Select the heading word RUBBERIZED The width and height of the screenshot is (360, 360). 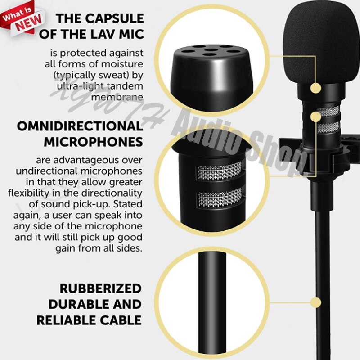pos(101,288)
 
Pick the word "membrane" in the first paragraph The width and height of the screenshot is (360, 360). pos(117,96)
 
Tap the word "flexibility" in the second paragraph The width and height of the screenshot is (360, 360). pos(30,193)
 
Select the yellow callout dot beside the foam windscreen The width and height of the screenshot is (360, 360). pos(316,88)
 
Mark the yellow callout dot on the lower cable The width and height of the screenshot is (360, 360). pos(317,302)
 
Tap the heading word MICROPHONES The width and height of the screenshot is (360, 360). pos(93,142)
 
